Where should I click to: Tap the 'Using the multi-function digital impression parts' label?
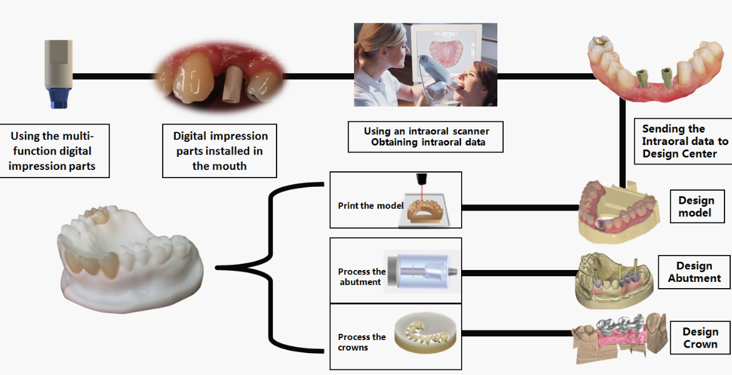point(52,151)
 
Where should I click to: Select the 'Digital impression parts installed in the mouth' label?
point(220,150)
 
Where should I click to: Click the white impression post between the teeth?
point(232,83)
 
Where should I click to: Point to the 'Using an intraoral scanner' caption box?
point(425,137)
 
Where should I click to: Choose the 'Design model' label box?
point(696,207)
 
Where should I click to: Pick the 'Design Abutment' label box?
point(694,272)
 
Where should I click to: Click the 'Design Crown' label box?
point(699,337)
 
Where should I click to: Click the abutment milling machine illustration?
point(419,271)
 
